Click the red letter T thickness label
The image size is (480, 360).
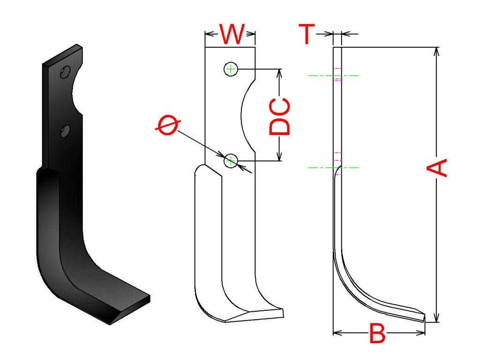307,34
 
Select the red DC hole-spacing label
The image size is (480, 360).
279,116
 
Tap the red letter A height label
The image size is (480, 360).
437,167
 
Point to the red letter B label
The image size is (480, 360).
377,333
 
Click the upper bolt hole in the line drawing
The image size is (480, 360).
231,69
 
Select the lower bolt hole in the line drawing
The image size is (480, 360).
231,161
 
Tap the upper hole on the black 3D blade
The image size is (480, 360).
65,72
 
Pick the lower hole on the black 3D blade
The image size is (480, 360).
65,131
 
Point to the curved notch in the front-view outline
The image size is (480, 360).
248,116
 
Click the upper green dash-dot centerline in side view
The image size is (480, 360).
333,75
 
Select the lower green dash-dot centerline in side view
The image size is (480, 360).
333,167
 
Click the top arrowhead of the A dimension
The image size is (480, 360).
437,52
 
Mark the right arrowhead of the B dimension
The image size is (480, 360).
420,333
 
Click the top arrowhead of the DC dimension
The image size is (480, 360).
279,73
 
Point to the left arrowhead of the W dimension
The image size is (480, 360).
210,34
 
